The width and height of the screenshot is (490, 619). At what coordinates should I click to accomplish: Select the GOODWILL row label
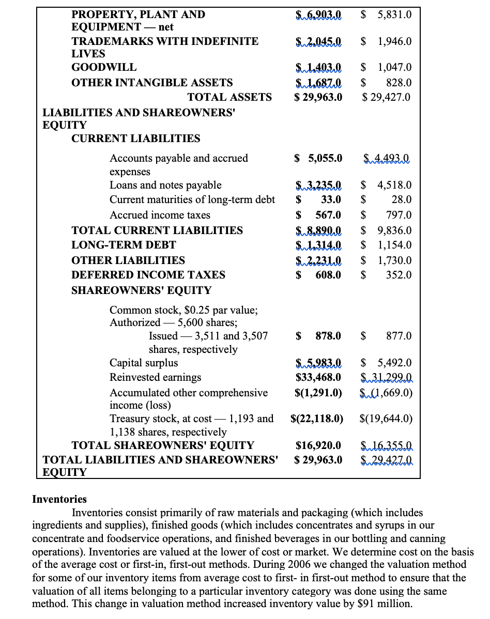pos(104,67)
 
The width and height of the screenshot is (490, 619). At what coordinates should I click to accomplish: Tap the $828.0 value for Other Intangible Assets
pos(387,83)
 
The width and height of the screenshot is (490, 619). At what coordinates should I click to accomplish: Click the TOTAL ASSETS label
pos(229,97)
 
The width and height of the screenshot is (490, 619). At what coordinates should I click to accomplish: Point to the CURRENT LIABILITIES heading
pos(135,138)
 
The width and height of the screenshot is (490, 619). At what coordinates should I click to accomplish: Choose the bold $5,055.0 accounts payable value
pos(318,158)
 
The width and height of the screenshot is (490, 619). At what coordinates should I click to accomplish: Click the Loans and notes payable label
pos(165,185)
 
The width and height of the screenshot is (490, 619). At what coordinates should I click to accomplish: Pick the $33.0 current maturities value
pos(318,199)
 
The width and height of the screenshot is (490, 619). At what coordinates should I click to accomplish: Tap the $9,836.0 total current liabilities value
pos(386,230)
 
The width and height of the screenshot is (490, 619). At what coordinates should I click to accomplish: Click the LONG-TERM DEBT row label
pos(124,245)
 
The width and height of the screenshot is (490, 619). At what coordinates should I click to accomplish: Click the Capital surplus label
pos(144,363)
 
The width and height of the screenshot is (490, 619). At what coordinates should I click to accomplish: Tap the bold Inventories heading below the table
pos(59,499)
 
